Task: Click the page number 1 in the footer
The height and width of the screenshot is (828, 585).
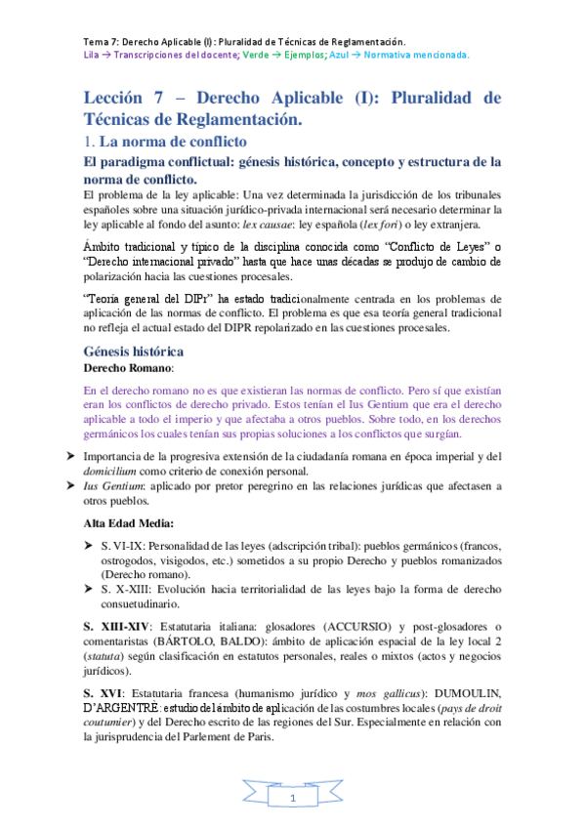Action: (292, 799)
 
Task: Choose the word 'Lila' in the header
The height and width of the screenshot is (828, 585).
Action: (93, 56)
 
